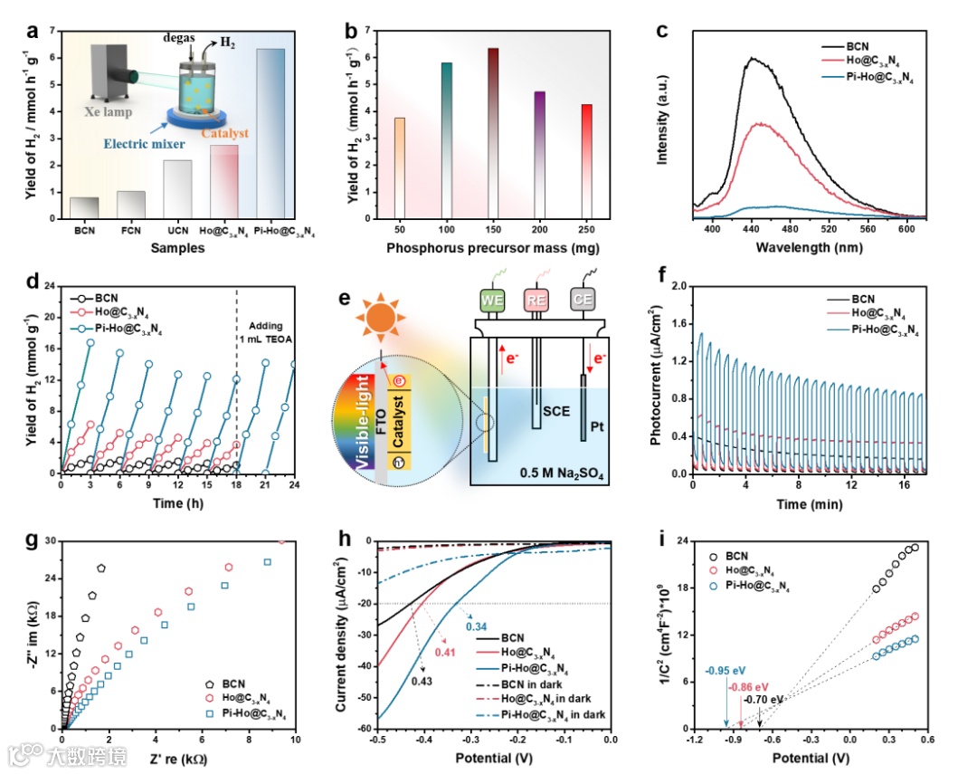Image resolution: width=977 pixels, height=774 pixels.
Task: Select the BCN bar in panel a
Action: [x=84, y=208]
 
